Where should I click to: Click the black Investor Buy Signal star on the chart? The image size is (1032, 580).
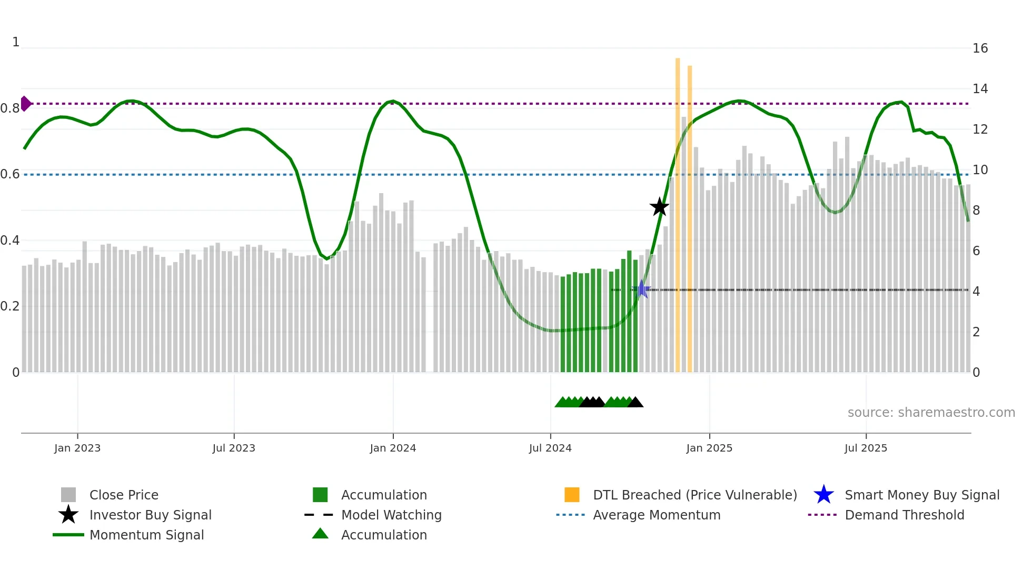659,207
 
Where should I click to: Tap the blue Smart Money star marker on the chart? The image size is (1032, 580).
641,289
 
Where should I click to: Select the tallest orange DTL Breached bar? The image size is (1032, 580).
678,211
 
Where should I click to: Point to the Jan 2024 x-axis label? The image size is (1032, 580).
393,448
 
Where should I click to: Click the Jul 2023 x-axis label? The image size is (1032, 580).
234,448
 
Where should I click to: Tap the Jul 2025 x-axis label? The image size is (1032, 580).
866,448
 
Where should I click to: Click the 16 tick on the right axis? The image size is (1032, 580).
980,48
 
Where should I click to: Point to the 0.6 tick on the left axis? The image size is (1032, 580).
10,174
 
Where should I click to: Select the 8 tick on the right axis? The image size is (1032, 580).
976,211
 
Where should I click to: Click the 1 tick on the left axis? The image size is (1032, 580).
16,42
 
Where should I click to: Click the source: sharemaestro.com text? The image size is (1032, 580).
931,413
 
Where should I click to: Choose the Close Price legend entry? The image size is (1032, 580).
124,495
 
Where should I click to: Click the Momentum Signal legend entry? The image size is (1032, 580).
146,535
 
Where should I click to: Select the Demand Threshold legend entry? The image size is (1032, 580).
904,515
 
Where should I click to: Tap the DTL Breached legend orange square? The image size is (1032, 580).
572,495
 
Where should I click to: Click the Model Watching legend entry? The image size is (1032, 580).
391,515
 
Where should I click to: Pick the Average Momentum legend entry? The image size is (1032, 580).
656,515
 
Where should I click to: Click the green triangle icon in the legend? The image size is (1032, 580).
320,534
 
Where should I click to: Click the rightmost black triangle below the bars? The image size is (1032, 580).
636,402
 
